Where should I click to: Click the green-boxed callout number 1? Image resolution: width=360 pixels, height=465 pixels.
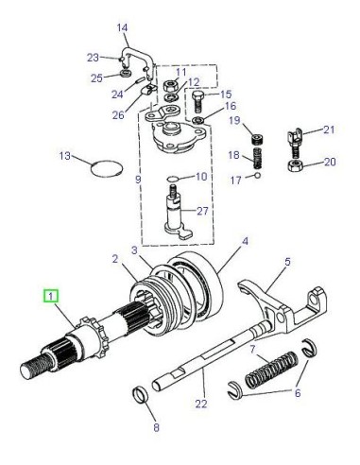pos(51,297)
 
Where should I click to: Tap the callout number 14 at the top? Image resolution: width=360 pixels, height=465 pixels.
pos(122,27)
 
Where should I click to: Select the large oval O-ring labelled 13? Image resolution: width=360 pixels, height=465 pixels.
pos(107,170)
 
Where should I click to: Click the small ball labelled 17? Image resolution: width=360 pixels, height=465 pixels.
pos(258,176)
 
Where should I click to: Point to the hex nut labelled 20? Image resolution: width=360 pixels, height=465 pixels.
pos(296,165)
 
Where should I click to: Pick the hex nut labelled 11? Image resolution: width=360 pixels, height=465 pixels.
pos(171,85)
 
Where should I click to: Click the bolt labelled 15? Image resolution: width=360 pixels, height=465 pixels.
pos(198,101)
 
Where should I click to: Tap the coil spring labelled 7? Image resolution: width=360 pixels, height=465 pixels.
pos(271,370)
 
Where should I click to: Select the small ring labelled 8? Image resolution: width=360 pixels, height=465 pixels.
pos(140,395)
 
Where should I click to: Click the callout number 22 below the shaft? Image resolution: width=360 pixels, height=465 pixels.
pos(201,404)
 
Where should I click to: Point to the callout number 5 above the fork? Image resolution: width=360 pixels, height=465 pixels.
pos(287,262)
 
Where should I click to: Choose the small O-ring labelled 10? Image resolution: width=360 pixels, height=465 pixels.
pos(173,179)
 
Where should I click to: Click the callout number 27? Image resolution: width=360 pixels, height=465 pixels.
pos(202,211)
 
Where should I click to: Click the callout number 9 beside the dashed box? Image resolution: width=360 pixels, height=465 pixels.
pos(138,180)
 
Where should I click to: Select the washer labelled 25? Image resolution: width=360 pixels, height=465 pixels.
pos(126,74)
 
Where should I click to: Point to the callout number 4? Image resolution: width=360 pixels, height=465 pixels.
pos(245,242)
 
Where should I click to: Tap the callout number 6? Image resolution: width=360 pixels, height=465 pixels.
pos(298,393)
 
